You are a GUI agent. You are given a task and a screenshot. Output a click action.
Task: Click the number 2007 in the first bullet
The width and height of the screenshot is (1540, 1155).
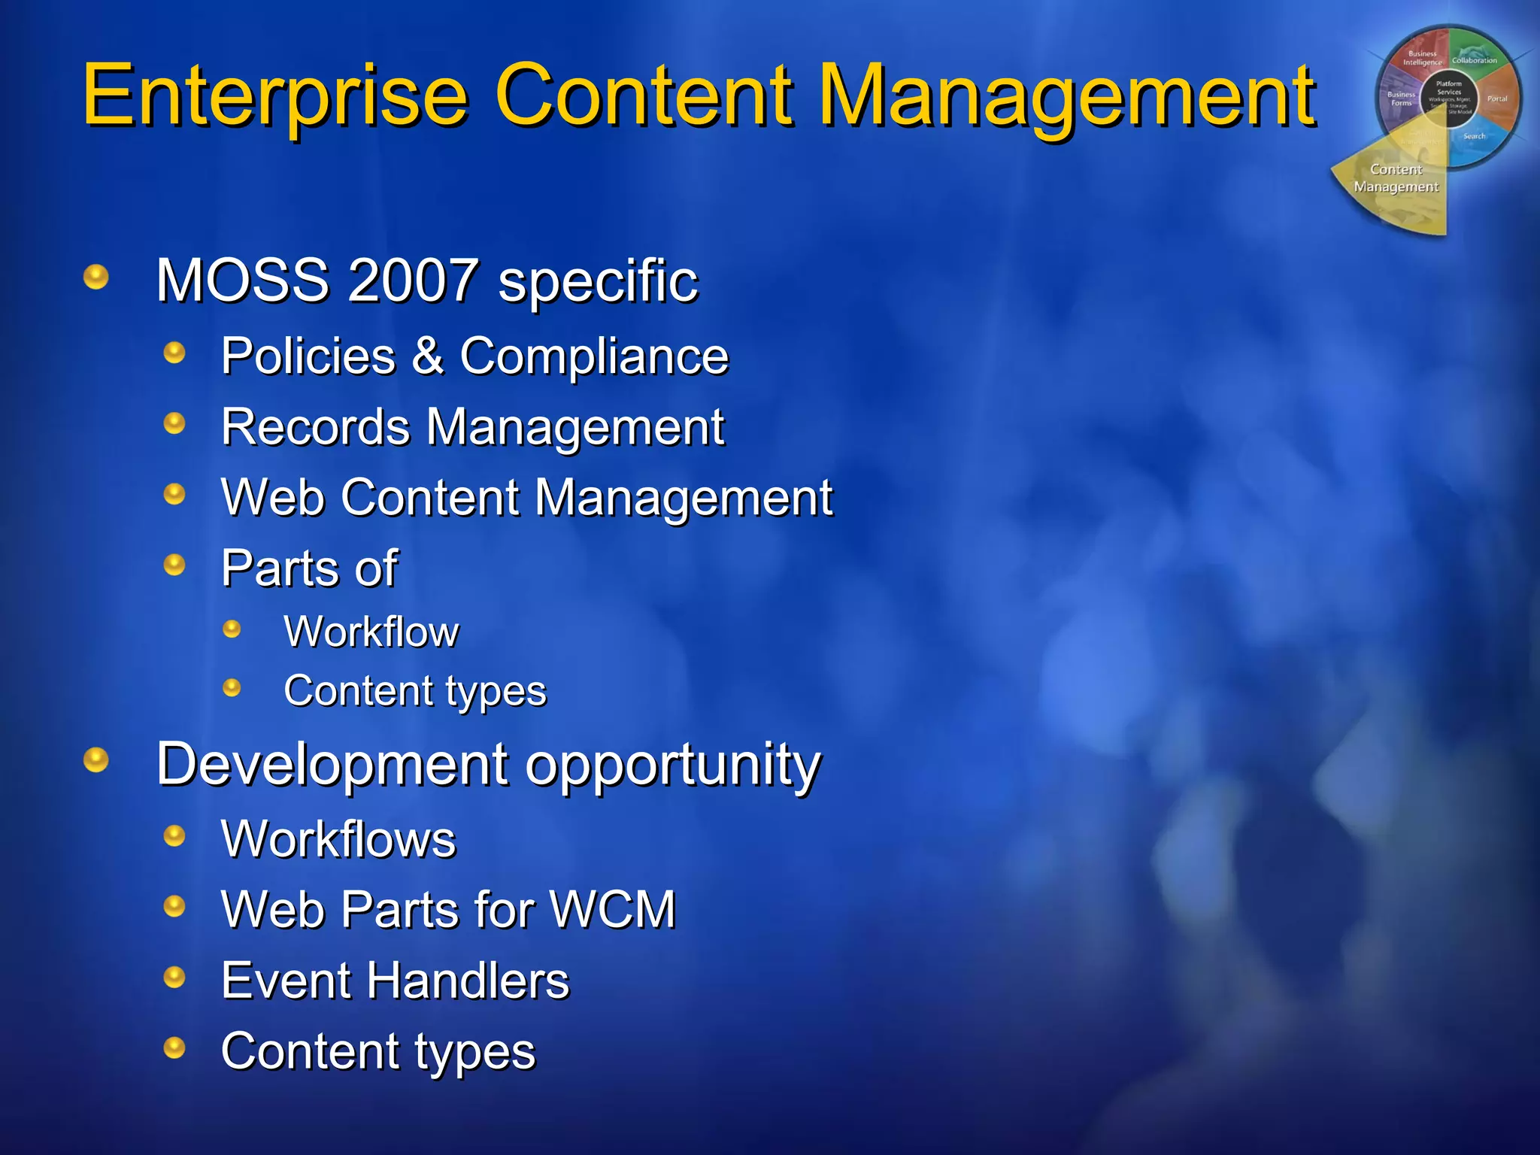coord(413,280)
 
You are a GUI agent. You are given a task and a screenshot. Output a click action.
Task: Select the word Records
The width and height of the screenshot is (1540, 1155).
coord(315,427)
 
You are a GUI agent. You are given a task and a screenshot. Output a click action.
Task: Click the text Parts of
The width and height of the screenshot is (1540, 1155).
coord(309,568)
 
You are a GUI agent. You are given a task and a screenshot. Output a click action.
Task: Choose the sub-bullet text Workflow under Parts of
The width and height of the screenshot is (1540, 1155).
coord(371,632)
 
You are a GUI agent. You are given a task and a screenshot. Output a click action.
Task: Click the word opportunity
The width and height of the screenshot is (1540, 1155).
coord(673,765)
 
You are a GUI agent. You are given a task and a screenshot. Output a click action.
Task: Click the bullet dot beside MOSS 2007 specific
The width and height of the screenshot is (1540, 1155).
coord(96,277)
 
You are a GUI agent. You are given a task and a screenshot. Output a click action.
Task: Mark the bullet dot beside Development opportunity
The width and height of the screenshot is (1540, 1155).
coord(96,760)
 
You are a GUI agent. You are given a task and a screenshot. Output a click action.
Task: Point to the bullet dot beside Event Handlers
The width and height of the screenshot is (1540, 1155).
coord(174,977)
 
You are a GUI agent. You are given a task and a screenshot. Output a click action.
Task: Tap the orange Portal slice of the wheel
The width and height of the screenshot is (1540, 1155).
coord(1496,98)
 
